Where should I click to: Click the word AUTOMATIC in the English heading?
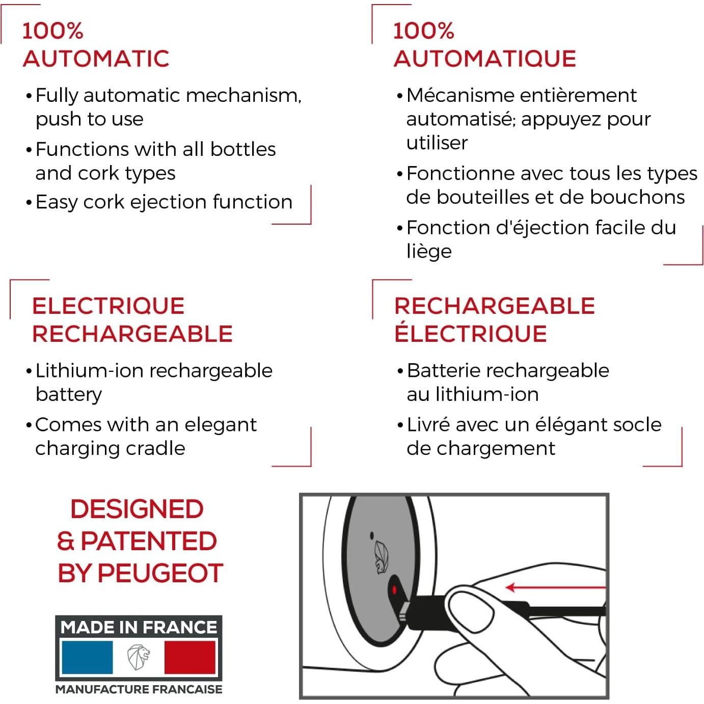[96, 59]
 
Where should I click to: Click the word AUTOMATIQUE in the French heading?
[484, 59]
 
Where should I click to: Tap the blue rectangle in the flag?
[87, 657]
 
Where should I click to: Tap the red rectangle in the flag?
[189, 657]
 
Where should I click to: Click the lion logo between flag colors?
[139, 657]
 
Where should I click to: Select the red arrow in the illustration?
[555, 588]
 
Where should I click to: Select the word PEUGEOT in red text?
[160, 573]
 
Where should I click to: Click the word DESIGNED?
[137, 509]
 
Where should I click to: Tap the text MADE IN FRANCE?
[139, 627]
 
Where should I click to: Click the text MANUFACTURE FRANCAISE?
[139, 689]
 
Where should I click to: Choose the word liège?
[429, 251]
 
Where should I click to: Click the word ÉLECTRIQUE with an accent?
[470, 334]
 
